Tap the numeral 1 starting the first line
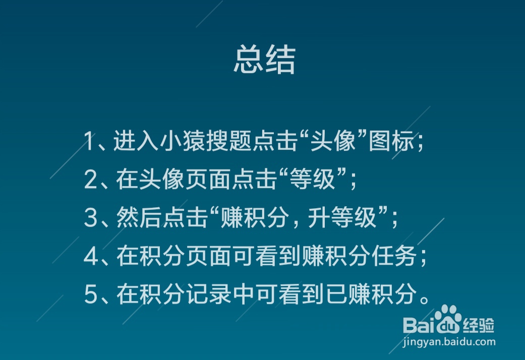pos(89,142)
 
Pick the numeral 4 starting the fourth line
pos(90,257)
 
